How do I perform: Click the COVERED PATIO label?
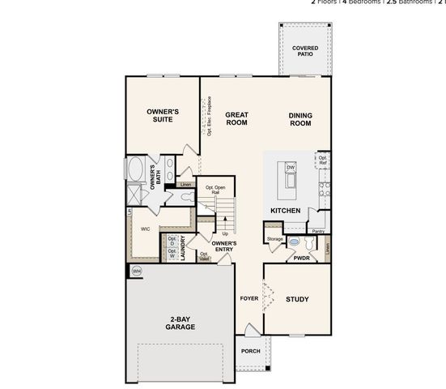[305, 51]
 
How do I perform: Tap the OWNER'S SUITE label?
[163, 115]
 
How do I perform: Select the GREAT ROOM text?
[236, 119]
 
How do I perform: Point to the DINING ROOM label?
[300, 119]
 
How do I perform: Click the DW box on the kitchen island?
[291, 168]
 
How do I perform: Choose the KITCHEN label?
[286, 211]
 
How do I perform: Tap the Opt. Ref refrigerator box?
[322, 160]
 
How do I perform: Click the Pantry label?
[318, 231]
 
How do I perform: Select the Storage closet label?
[274, 239]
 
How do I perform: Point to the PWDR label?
[302, 259]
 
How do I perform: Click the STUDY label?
[297, 299]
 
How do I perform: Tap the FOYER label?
[249, 298]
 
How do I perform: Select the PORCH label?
[250, 351]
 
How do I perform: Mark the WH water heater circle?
[136, 271]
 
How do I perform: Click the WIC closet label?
[146, 229]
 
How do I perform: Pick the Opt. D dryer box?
[172, 240]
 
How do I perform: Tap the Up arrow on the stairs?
[225, 233]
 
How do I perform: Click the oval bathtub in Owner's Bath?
[135, 172]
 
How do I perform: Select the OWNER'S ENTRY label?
[223, 246]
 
